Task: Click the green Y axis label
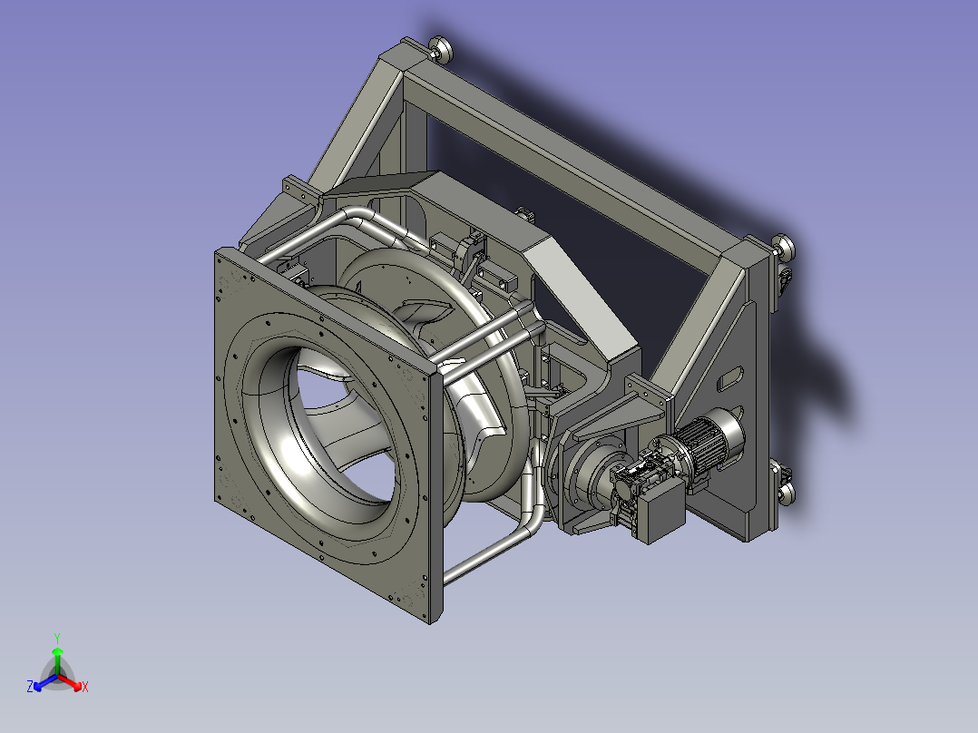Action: (57, 638)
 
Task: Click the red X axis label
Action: (85, 687)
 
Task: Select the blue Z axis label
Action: (30, 687)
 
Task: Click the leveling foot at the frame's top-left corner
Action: (441, 49)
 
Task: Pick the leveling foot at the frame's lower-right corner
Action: (786, 491)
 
